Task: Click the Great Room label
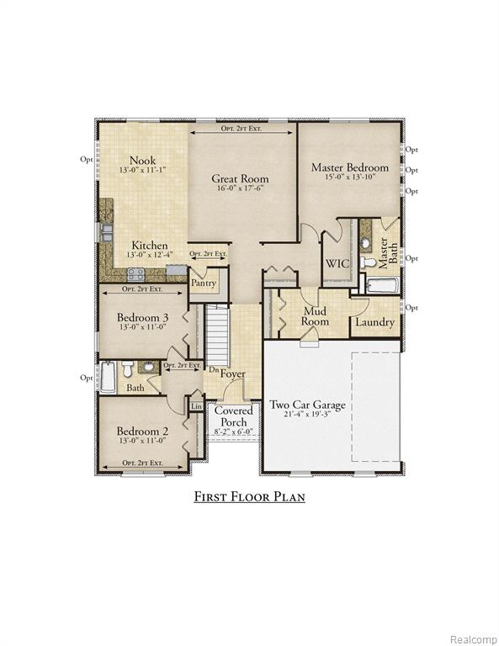[240, 179]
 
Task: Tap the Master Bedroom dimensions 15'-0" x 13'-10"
[349, 177]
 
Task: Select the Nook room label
[142, 161]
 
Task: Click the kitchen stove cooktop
[135, 274]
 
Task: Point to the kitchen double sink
[106, 232]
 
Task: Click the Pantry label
[204, 283]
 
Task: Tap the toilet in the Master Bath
[368, 262]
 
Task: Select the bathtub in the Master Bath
[382, 285]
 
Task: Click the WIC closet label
[337, 263]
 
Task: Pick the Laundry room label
[374, 322]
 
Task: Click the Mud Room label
[315, 316]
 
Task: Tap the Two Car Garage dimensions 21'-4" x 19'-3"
[307, 414]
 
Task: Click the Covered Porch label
[234, 416]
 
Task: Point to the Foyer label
[233, 373]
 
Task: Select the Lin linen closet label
[197, 406]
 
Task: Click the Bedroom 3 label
[142, 317]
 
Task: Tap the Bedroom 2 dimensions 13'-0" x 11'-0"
[142, 441]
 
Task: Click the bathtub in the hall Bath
[109, 377]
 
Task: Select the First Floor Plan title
[249, 496]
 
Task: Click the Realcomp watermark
[474, 639]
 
